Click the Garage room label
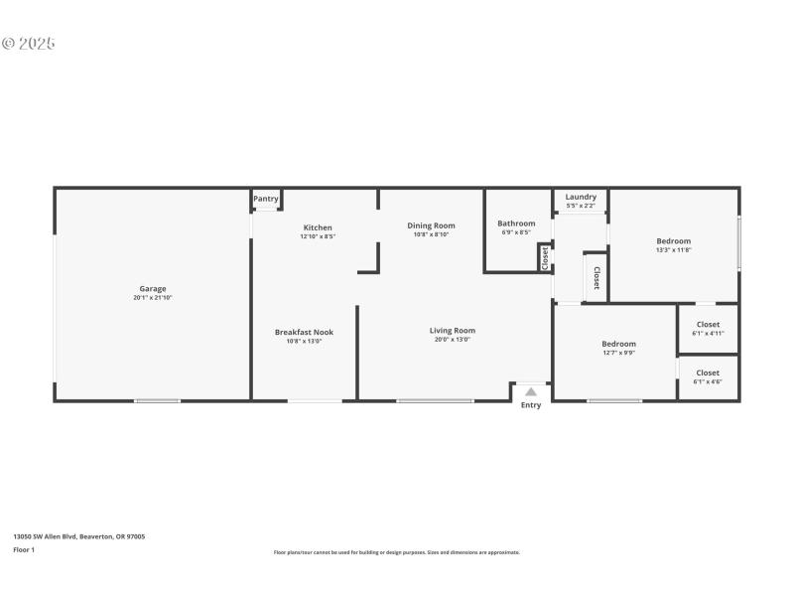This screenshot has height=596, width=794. tap(152, 289)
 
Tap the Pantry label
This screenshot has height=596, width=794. tap(266, 199)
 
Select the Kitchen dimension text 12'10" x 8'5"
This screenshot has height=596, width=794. tap(318, 236)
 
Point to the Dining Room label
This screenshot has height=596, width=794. tap(431, 225)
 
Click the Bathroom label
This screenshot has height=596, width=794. tap(516, 223)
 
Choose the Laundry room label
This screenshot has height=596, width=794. tap(581, 197)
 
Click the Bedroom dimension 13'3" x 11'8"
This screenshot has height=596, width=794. tap(673, 249)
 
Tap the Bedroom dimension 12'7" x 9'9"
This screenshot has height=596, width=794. tap(618, 353)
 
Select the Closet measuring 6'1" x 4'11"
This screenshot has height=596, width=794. tap(708, 333)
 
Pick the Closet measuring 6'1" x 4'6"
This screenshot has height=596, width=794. tap(708, 381)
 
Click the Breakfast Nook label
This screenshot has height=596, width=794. tap(304, 332)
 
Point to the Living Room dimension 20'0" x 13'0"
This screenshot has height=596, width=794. tap(452, 340)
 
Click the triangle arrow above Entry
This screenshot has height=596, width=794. tap(531, 391)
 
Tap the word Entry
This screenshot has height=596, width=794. tap(531, 405)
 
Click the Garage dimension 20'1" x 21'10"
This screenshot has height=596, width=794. tap(152, 298)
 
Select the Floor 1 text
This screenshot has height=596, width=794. tap(24, 549)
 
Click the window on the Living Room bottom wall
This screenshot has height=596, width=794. tap(435, 400)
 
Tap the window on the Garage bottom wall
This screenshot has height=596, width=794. tap(157, 400)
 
